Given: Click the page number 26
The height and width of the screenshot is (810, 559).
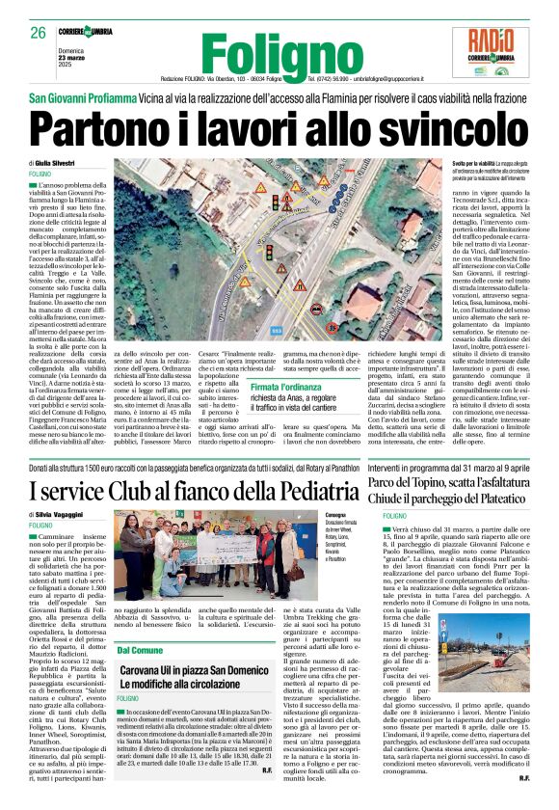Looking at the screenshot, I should pyautogui.click(x=38, y=33).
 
